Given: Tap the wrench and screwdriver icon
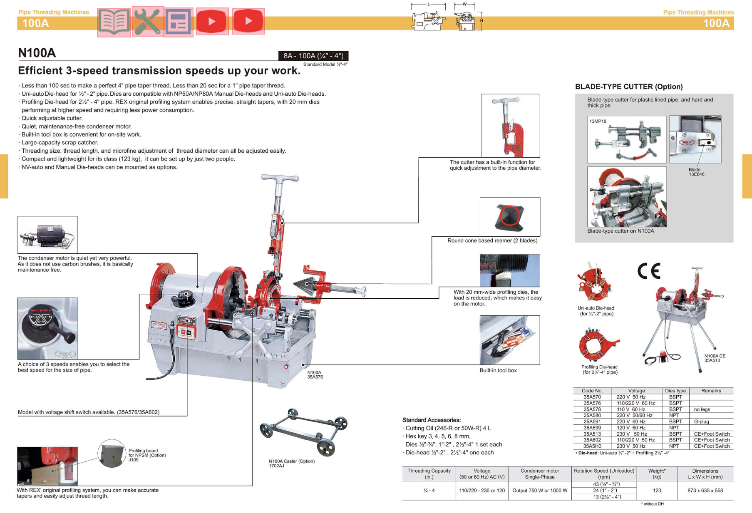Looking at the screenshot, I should pos(148,22).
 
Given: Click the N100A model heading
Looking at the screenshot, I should pos(37,53).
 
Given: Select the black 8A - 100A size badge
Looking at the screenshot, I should pos(313,56).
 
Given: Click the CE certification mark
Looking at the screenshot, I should pos(649,271).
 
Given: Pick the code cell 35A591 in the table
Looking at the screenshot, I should pos(592,421).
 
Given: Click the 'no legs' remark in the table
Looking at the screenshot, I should pos(702,409).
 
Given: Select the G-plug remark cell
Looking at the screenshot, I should pos(701,421).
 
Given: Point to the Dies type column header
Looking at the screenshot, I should pos(675,391).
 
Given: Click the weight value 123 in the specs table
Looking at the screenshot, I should pos(657,491).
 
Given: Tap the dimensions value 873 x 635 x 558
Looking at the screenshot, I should pos(705,491).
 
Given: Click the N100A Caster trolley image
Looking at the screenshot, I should pos(303,432).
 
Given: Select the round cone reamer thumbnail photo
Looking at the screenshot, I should pos(510,217).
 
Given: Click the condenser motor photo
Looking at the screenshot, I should pos(47,235).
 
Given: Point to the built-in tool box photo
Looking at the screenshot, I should pos(509,340).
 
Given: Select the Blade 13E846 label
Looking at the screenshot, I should pos(696,172).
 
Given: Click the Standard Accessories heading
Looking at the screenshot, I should pos(431,420).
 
